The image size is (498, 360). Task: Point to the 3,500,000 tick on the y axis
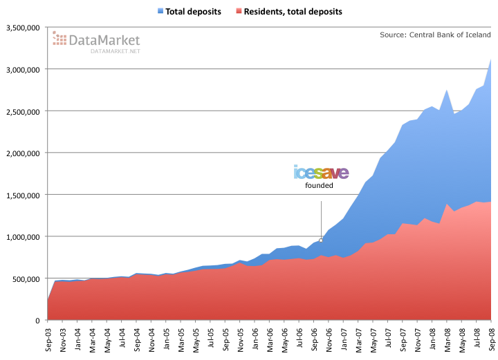click(x=24, y=28)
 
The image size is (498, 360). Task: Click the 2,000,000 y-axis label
click(x=24, y=153)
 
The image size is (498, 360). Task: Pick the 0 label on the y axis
click(x=39, y=321)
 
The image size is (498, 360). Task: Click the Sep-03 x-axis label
click(x=48, y=337)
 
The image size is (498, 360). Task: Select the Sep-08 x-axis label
click(x=491, y=337)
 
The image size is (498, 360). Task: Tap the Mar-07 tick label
click(x=358, y=337)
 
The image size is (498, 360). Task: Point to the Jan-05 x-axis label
click(x=166, y=337)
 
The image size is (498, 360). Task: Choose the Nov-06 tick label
click(x=329, y=337)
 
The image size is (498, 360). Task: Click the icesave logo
click(x=321, y=172)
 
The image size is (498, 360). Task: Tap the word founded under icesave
click(x=320, y=185)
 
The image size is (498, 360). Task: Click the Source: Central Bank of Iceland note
click(x=435, y=35)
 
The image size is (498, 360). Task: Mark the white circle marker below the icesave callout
click(x=321, y=240)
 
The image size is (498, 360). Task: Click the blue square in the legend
click(x=160, y=12)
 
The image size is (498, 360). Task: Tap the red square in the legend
click(x=239, y=12)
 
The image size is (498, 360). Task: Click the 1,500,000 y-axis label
click(x=24, y=195)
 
